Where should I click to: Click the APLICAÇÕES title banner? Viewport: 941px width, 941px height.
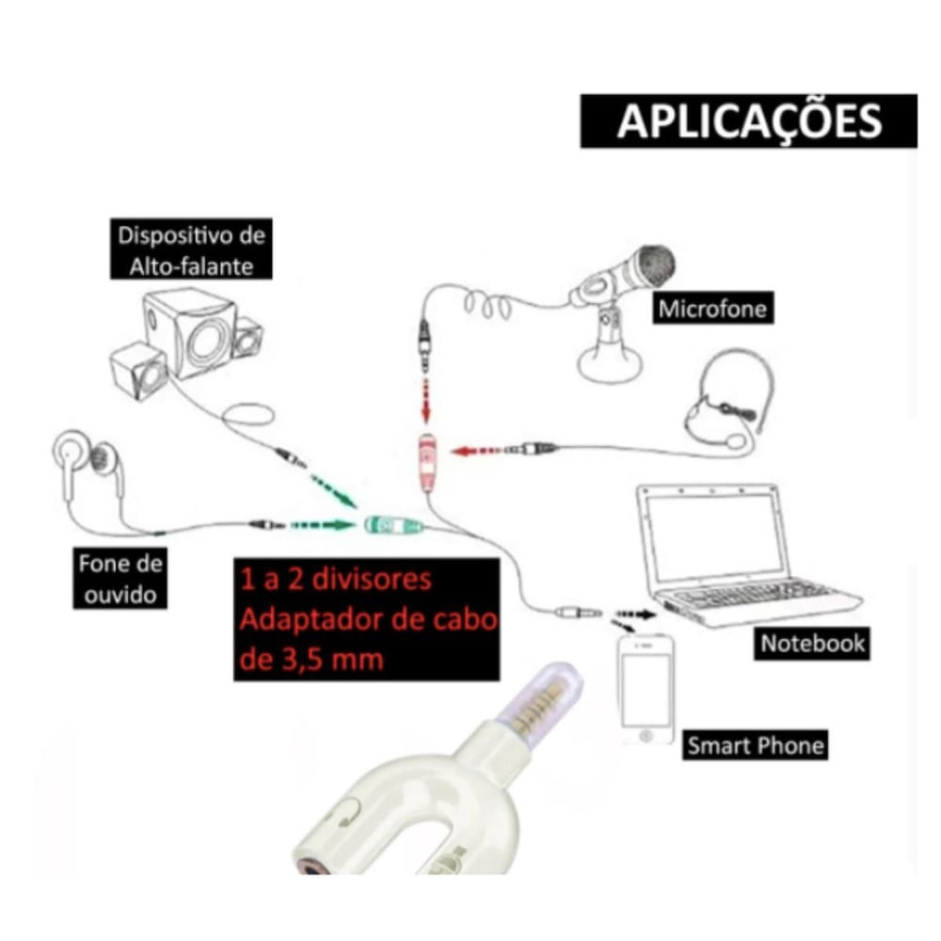tap(748, 121)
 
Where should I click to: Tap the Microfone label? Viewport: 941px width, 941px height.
tap(712, 308)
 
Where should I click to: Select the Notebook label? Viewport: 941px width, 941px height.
tap(812, 644)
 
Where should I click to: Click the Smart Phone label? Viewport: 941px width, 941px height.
tap(755, 746)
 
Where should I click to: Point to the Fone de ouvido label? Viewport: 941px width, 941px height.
tap(120, 579)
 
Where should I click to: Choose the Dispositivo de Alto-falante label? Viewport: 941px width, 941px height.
tap(191, 248)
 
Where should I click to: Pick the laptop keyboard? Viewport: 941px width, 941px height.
tap(753, 596)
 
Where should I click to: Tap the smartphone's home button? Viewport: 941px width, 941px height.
tap(646, 732)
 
